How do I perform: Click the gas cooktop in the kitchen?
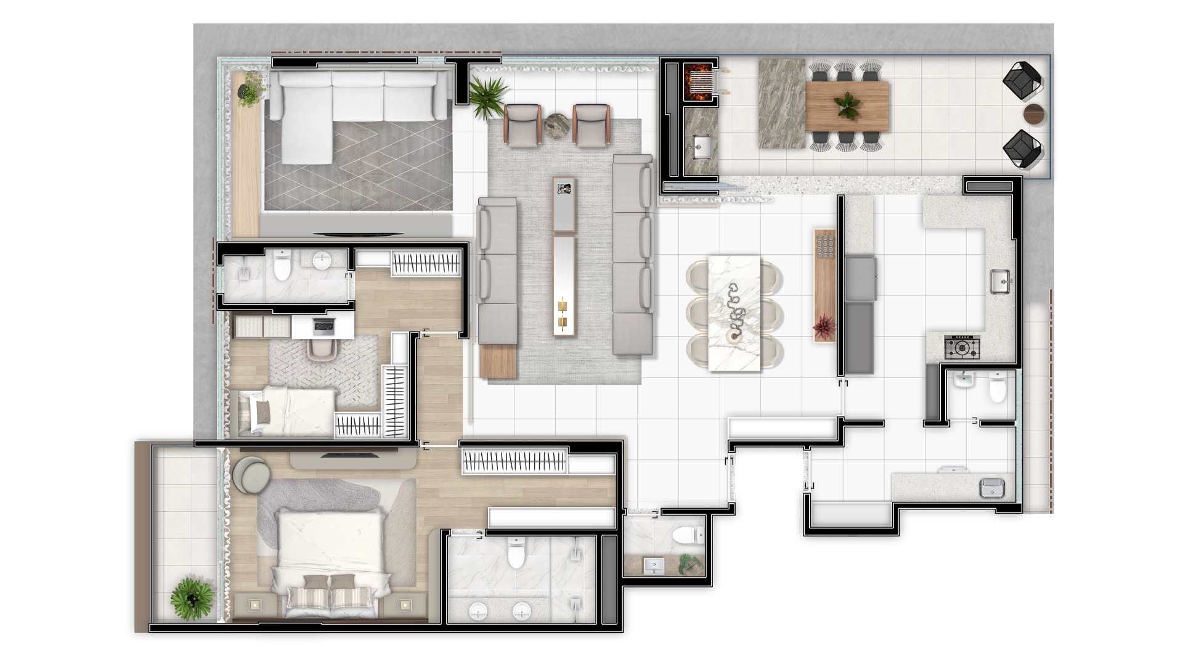click(962, 348)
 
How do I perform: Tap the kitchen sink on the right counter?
click(1001, 282)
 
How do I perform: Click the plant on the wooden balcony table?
click(847, 106)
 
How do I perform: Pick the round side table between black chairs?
click(1035, 115)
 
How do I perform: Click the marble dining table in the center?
click(734, 313)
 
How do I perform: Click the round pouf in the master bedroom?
click(251, 475)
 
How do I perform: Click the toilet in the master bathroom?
click(516, 552)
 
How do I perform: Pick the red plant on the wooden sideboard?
click(823, 327)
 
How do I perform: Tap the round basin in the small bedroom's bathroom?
click(322, 261)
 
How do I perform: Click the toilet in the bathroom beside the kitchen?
click(998, 388)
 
